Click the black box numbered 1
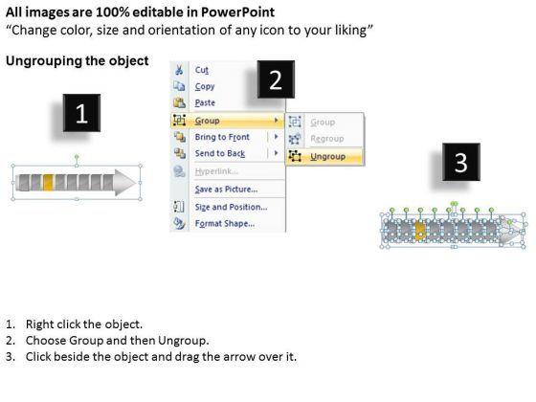pos(81,113)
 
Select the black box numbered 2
pos(276,79)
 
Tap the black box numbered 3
pos(461,162)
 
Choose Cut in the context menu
pos(202,70)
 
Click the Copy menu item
pos(205,86)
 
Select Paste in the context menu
pos(205,102)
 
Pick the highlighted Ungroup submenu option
pos(327,157)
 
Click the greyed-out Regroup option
pos(327,139)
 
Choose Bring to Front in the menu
pos(222,137)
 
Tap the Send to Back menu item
pos(220,153)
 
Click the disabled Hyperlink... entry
pos(216,171)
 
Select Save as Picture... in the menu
pos(226,190)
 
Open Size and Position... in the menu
pos(231,207)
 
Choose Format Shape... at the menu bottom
pos(225,224)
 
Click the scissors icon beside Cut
pos(179,70)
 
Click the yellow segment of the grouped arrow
pos(48,182)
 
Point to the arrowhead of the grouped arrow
pos(125,182)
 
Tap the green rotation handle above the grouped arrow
pos(77,157)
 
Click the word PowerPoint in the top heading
pos(237,12)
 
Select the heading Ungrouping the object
pos(78,61)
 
